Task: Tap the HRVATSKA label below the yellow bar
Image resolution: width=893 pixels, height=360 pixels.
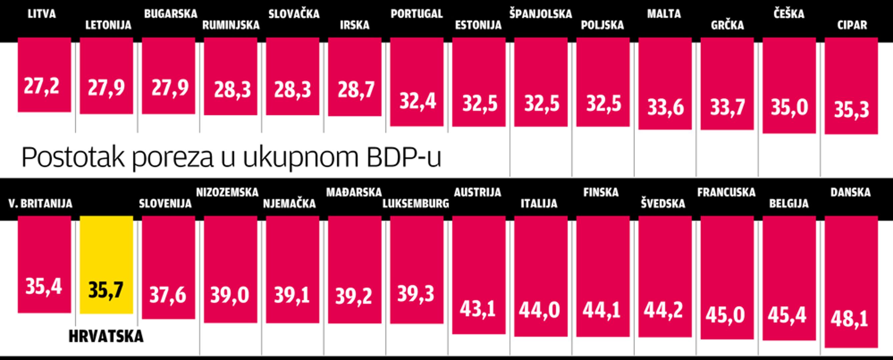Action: click(x=106, y=336)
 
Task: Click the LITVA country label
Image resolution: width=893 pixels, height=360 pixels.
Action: click(x=42, y=14)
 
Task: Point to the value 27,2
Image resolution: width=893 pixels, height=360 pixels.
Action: click(x=42, y=86)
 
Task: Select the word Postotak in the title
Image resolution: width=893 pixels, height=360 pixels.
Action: click(x=73, y=158)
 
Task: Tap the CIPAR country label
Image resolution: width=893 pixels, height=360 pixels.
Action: click(x=852, y=25)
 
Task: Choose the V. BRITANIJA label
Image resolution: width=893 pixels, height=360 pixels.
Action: click(x=41, y=204)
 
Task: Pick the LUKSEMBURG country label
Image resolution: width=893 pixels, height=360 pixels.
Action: click(x=416, y=204)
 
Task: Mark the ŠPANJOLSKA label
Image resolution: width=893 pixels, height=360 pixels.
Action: click(x=540, y=14)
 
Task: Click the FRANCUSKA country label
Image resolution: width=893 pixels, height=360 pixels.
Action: click(x=726, y=193)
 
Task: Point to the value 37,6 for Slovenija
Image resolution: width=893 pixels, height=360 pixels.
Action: click(x=168, y=295)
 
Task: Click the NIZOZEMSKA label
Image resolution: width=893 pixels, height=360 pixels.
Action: click(x=227, y=193)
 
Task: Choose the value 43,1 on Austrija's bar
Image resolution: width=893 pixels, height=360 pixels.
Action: click(x=478, y=309)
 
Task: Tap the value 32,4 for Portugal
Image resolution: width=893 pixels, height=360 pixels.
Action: click(x=417, y=102)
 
